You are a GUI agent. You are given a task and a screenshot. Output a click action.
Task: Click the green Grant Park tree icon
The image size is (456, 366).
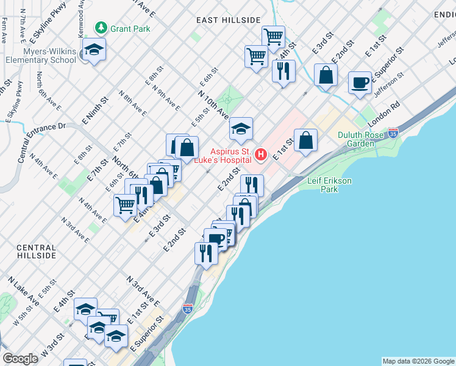tap(100, 27)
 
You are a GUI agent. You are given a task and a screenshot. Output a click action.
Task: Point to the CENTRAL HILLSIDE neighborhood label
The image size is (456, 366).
tap(37, 252)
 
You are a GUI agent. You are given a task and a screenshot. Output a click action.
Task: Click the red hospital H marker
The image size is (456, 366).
tap(261, 155)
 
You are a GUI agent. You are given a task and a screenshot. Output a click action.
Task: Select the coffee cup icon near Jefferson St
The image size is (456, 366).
tap(360, 83)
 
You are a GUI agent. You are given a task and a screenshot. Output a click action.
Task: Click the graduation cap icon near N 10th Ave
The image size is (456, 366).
tap(241, 128)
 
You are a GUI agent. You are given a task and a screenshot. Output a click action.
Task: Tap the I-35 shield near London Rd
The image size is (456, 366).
tap(393, 132)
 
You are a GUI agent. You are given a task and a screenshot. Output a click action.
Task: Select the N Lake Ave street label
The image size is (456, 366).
tap(24, 292)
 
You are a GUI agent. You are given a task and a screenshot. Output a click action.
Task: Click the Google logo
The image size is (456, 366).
tap(21, 359)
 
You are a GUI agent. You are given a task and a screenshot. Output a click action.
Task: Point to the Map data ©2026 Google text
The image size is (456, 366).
tap(418, 361)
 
